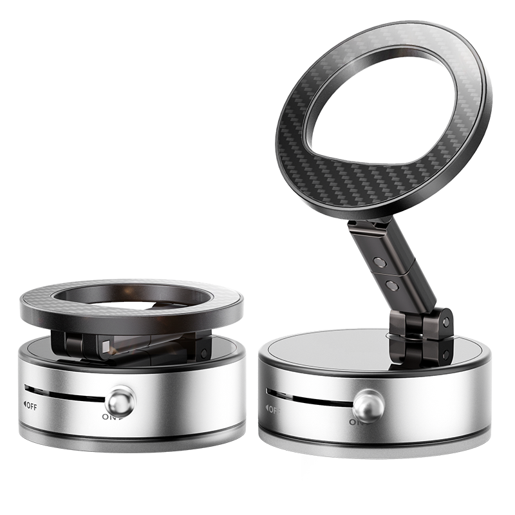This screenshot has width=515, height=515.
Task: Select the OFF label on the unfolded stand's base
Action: point(272,409)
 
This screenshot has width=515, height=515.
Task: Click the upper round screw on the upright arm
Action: point(380,263)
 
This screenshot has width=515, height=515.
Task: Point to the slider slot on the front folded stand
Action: point(64,395)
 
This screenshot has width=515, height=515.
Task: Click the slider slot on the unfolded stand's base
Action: point(309,398)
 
